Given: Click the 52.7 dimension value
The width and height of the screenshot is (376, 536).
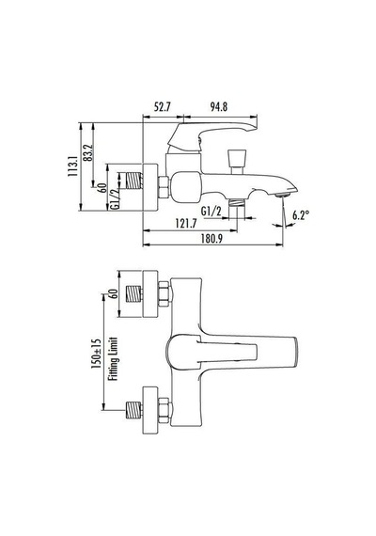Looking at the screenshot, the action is tap(162, 107).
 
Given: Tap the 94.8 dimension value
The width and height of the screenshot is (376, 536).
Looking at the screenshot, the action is tap(219, 107).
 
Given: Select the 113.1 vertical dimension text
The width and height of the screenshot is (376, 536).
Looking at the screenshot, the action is tap(72, 165).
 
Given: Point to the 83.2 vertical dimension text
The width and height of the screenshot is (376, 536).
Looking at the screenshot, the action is tap(88, 152).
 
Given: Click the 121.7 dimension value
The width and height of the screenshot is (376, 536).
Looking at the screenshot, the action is tap(186, 224).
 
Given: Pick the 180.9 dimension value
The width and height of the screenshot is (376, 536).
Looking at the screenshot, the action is tap(211, 238).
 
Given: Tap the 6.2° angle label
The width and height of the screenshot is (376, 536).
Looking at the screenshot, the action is tap(301, 215).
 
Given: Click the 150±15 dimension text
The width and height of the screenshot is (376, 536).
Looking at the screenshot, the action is tap(96, 354).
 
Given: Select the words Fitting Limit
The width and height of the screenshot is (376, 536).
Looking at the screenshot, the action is tap(113, 358).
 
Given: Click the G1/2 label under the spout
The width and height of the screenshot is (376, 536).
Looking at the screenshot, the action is tap(211, 212).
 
